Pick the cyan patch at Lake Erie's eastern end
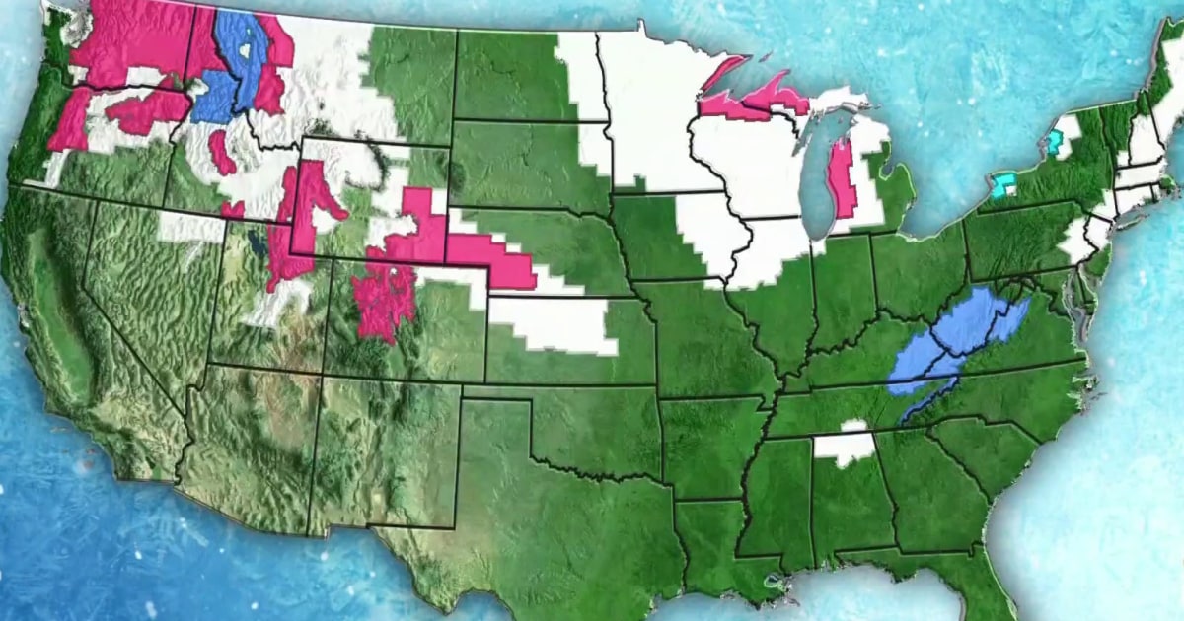pyautogui.click(x=1004, y=185)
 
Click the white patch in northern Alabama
pyautogui.click(x=844, y=446)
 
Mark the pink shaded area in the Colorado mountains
pyautogui.click(x=385, y=296)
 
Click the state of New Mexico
pyautogui.click(x=385, y=453)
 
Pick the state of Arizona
pyautogui.click(x=252, y=444)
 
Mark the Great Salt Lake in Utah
pyautogui.click(x=258, y=241)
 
